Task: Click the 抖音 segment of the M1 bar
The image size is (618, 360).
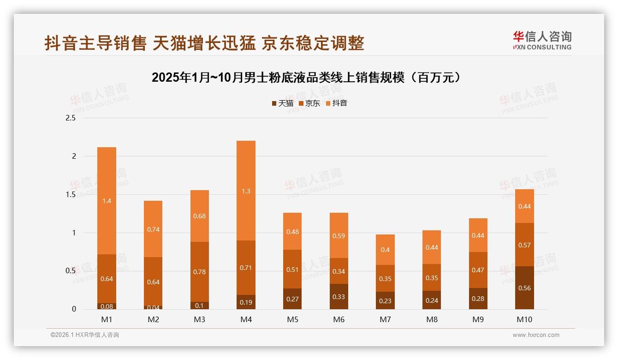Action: (x=107, y=201)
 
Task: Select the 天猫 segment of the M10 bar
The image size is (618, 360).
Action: (x=524, y=288)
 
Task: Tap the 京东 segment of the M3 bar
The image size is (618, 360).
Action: (x=199, y=272)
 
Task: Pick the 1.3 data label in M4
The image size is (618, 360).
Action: (x=246, y=191)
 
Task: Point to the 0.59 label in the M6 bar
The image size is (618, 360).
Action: (x=339, y=236)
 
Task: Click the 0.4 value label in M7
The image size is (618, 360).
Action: (x=385, y=250)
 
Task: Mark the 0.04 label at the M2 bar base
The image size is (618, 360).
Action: (x=153, y=307)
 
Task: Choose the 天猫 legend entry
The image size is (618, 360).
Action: (x=282, y=103)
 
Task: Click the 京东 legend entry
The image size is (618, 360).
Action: (x=309, y=103)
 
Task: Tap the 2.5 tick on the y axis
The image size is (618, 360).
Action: (x=71, y=118)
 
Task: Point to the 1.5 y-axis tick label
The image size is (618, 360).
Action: (x=71, y=194)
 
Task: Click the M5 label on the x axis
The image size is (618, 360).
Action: (x=292, y=319)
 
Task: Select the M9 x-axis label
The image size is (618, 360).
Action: (x=478, y=319)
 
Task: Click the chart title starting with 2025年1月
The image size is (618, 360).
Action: (x=306, y=78)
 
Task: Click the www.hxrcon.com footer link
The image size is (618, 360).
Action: (x=536, y=335)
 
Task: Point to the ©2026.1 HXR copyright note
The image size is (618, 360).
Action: (x=84, y=335)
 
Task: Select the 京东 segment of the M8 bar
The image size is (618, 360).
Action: (x=432, y=277)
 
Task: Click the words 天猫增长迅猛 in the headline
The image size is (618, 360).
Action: (x=204, y=43)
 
